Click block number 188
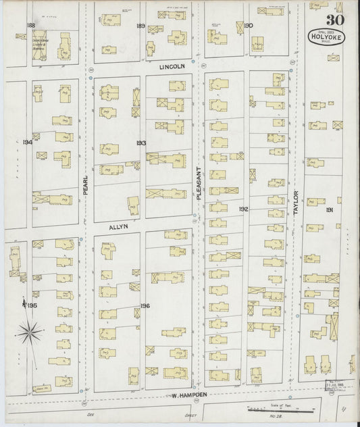pyautogui.click(x=30, y=25)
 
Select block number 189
pyautogui.click(x=140, y=26)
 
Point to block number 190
pyautogui.click(x=248, y=26)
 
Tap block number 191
pyautogui.click(x=330, y=210)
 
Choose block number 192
pyautogui.click(x=242, y=209)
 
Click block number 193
pyautogui.click(x=140, y=143)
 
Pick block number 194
pyautogui.click(x=27, y=143)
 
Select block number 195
pyautogui.click(x=32, y=306)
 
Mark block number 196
pyautogui.click(x=145, y=306)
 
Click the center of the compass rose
pyautogui.click(x=28, y=330)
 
